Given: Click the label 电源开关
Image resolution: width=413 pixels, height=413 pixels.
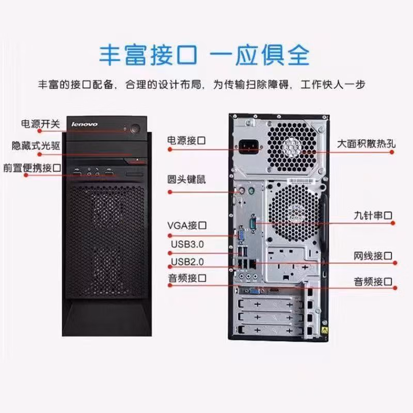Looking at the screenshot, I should click(x=40, y=124).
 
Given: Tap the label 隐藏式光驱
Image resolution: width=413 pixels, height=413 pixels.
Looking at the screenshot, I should click(x=36, y=146).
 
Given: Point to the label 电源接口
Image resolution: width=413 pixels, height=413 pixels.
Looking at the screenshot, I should click(x=187, y=140).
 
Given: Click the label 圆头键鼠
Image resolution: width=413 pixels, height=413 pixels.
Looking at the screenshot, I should click(x=187, y=180).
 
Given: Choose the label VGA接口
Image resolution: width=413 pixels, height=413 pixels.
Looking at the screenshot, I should click(x=187, y=225).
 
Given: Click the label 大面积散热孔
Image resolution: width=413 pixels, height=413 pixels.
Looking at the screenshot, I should click(x=366, y=144).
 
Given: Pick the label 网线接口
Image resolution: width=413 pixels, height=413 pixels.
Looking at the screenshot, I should click(x=373, y=256).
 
